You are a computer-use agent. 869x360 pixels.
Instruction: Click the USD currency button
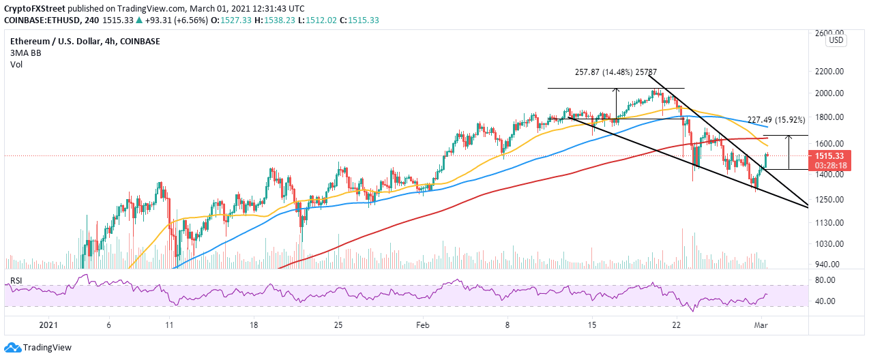click(x=836, y=41)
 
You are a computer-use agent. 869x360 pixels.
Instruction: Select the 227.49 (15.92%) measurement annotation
click(x=776, y=119)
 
